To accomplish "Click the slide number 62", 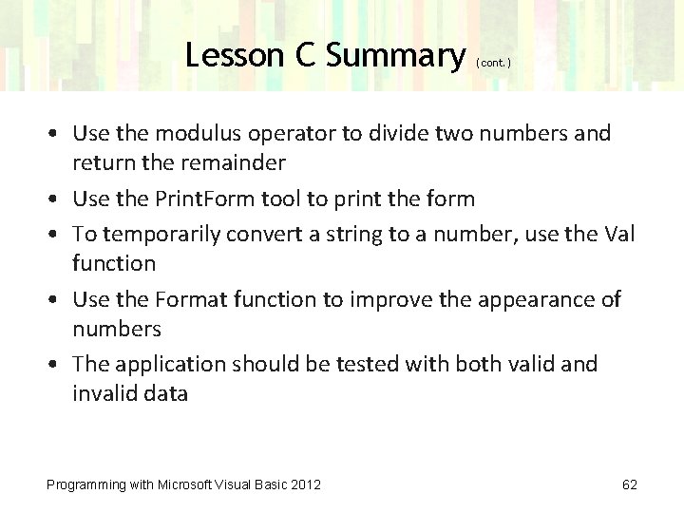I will (629, 485).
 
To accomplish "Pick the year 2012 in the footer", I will (305, 485).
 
